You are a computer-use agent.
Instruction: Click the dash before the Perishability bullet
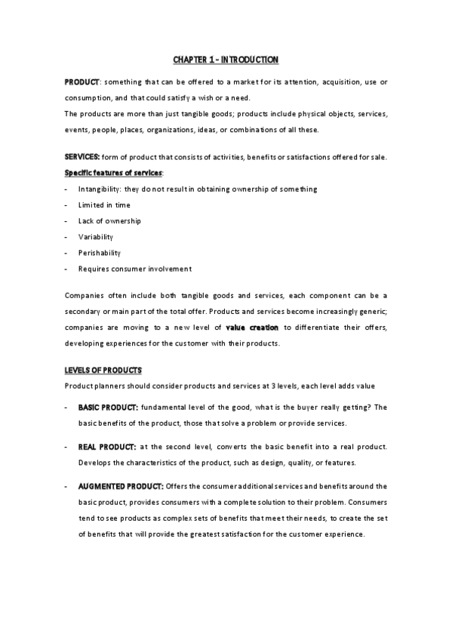pyautogui.click(x=67, y=253)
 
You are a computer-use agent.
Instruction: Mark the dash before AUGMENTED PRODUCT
pyautogui.click(x=67, y=486)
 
